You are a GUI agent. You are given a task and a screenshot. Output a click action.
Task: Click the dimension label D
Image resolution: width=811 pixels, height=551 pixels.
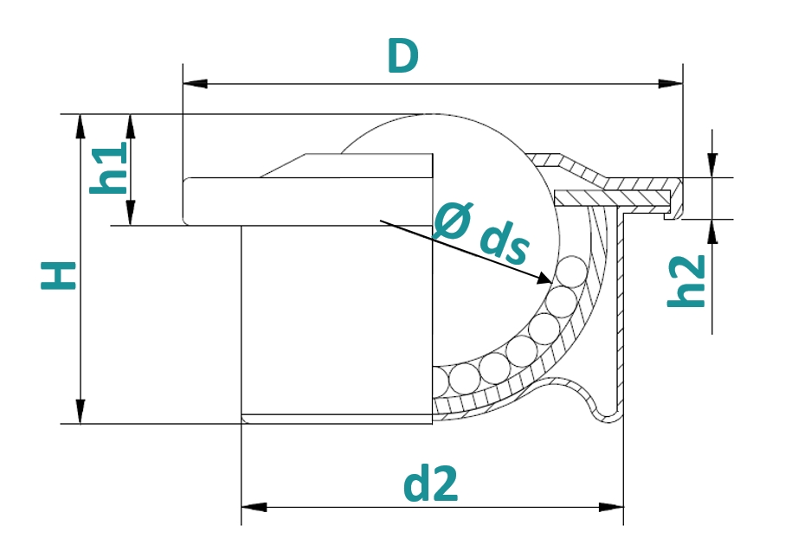(402, 56)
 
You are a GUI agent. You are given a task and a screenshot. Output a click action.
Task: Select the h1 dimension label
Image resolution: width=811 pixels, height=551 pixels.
(107, 169)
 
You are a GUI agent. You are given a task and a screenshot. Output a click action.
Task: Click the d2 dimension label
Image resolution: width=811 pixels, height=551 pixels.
(430, 484)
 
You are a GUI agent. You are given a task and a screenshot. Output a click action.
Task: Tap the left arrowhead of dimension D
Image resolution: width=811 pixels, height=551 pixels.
(196, 84)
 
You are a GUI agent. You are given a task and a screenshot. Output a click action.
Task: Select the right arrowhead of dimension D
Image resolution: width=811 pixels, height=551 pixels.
(670, 84)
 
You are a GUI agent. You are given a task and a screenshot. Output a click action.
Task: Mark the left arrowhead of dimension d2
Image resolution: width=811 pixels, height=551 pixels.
(254, 507)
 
